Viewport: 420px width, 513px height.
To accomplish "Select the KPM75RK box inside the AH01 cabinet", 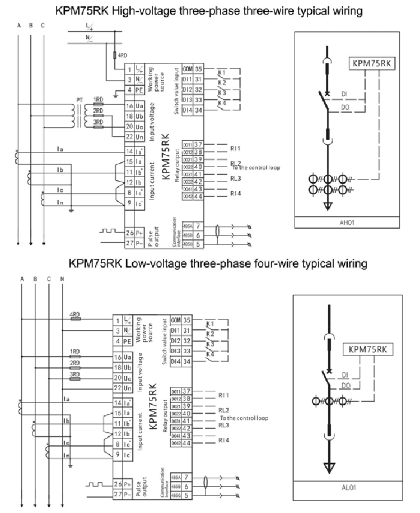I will (371, 63).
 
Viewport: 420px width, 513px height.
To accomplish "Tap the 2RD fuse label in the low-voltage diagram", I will (74, 363).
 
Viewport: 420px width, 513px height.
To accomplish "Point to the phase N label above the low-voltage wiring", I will (62, 279).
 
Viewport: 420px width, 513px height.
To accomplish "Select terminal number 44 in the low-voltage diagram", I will (187, 443).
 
